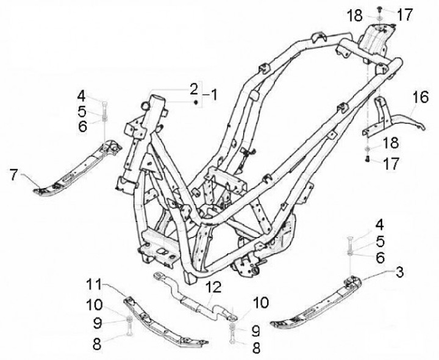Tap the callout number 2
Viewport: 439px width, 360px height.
pos(193,89)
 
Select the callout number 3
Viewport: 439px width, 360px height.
pos(399,270)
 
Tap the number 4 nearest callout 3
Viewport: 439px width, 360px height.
pos(379,223)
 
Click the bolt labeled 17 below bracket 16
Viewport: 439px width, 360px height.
pos(368,160)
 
